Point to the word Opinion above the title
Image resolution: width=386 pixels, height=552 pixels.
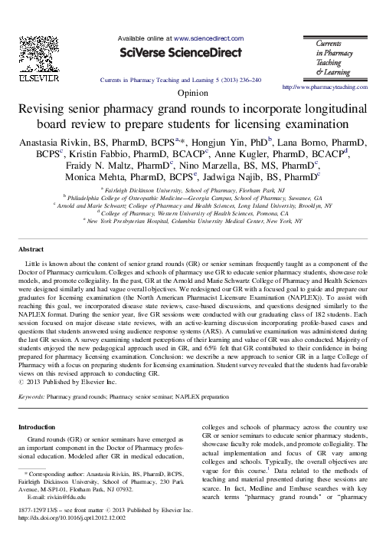pyautogui.click(x=192, y=92)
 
